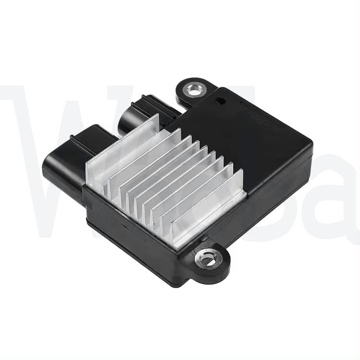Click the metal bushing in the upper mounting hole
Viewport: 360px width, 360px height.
(194, 89)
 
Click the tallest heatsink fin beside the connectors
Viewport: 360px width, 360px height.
(122, 144)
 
